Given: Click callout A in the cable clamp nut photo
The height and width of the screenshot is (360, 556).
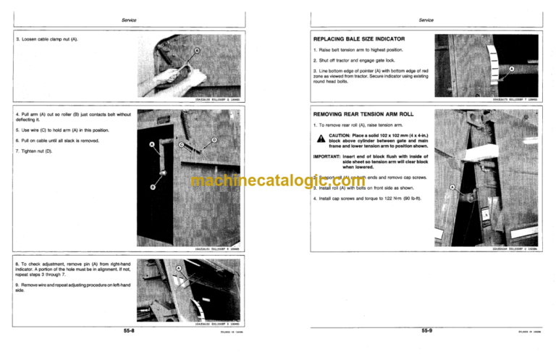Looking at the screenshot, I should coord(197,51).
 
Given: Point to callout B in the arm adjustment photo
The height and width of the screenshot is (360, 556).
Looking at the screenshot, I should coord(153,188).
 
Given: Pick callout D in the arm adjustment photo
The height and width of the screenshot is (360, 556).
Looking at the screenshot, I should coord(214,139).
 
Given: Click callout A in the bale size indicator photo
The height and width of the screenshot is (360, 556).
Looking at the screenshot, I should coord(511,70).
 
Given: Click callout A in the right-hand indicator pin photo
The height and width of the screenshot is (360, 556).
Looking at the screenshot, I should coord(178,269).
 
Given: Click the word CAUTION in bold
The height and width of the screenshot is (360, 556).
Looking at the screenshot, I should coord(342,135).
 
